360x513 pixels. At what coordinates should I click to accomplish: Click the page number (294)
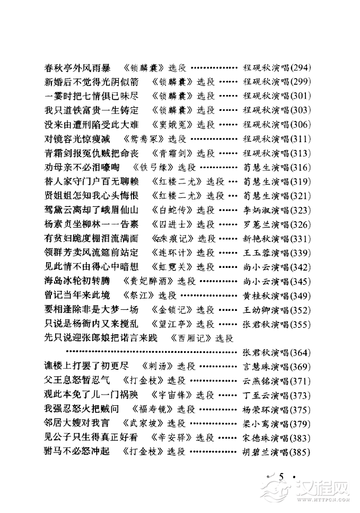click(300, 68)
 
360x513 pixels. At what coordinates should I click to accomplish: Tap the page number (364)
click(300, 353)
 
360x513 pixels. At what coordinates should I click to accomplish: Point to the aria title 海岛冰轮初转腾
click(77, 281)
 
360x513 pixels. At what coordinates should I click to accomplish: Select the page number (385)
click(300, 452)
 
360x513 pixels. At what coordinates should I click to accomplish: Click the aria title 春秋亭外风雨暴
click(77, 68)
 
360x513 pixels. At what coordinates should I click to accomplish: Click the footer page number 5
click(281, 476)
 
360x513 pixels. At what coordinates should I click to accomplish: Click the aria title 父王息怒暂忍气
click(77, 381)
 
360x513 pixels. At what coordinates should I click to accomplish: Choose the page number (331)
click(300, 239)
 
